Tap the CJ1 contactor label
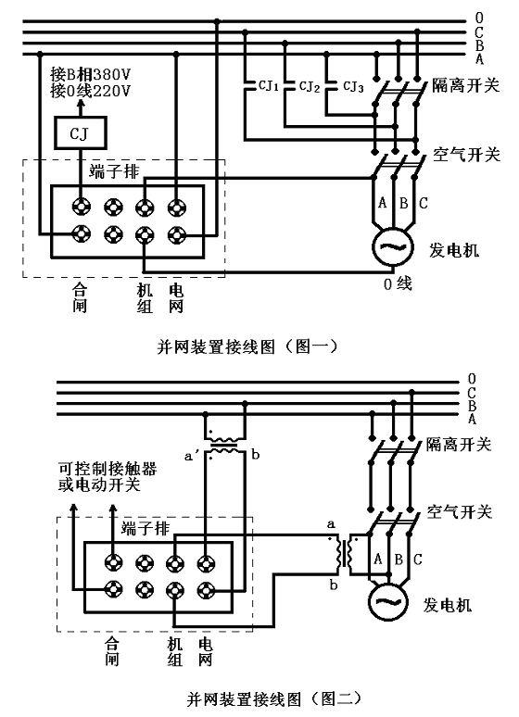269,85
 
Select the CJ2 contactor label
310,86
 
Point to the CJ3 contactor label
353,86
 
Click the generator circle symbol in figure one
392,246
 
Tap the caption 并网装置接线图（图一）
247,346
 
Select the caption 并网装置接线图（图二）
274,698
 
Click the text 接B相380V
91,73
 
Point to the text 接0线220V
91,91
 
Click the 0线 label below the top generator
398,284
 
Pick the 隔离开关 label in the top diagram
466,85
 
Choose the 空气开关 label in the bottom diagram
459,511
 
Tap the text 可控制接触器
108,469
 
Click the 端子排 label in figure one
114,171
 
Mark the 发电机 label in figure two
447,605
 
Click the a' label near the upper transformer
192,456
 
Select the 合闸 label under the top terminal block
80,297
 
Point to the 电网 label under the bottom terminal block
206,652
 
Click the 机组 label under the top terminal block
145,297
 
